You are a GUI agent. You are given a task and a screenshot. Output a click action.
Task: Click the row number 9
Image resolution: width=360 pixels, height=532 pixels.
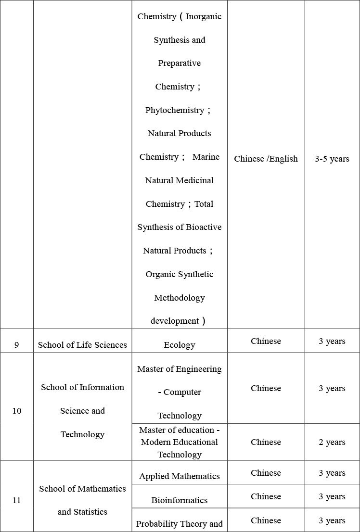tap(17, 344)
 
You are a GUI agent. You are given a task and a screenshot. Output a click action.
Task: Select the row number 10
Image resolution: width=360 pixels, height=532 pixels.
tap(17, 411)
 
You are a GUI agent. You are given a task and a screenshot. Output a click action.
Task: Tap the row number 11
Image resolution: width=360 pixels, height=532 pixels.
tap(17, 500)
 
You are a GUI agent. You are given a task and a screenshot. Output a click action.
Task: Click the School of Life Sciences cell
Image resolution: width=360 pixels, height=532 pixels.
tap(82, 344)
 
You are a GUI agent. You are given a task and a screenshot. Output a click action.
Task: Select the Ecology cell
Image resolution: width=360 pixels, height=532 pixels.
tap(180, 344)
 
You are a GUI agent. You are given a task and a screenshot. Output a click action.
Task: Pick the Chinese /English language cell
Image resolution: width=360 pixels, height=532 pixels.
tap(266, 159)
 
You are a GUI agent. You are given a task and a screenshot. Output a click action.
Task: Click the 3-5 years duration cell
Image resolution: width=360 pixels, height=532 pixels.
tap(332, 159)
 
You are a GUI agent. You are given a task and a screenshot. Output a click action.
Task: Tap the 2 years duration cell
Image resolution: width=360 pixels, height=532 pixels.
tap(332, 442)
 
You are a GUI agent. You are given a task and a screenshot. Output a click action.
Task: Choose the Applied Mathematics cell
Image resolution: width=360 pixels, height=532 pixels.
tap(180, 476)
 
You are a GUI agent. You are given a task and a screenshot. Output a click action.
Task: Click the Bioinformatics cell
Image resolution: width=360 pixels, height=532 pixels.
tap(180, 500)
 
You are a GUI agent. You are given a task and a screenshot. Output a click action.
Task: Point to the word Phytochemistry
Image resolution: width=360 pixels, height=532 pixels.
tap(175, 110)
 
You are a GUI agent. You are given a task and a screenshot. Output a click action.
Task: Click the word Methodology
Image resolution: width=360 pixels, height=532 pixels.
tap(180, 298)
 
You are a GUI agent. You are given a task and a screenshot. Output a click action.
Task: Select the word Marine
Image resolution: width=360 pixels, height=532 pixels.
tap(206, 157)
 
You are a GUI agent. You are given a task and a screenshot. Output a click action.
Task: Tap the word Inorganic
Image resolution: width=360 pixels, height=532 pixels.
tap(204, 16)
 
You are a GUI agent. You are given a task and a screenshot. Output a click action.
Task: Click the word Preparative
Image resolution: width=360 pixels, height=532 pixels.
tap(180, 63)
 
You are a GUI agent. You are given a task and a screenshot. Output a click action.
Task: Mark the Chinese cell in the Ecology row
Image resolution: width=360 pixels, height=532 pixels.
tap(266, 341)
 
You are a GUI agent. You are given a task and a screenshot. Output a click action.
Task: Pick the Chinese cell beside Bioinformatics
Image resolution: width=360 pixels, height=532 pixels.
tap(266, 496)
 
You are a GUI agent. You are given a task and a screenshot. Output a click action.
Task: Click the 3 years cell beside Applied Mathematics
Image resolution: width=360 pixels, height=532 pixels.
tap(332, 473)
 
